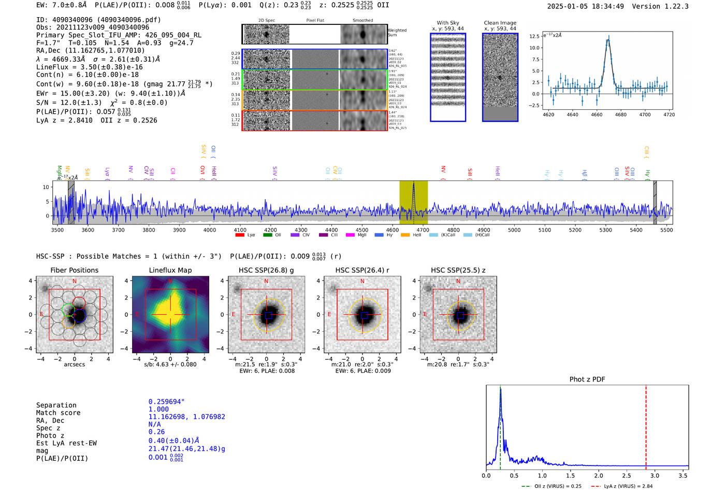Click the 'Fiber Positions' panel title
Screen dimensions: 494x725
(74, 270)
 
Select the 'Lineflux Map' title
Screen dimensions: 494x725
(170, 270)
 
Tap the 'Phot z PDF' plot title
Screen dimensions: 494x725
(587, 379)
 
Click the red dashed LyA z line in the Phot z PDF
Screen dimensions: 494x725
(646, 425)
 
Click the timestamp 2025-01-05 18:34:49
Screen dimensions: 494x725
(585, 6)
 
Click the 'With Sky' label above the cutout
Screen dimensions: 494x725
(448, 23)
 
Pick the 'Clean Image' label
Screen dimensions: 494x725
(500, 23)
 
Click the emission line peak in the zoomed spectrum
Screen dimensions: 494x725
(608, 38)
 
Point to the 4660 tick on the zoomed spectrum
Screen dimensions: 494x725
(597, 115)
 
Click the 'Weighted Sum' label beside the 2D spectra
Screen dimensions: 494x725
(397, 33)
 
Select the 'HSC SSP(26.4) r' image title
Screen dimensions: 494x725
(362, 270)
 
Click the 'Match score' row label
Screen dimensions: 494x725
(58, 413)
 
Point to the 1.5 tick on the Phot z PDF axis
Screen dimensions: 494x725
(570, 475)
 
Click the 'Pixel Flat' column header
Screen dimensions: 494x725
(315, 21)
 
